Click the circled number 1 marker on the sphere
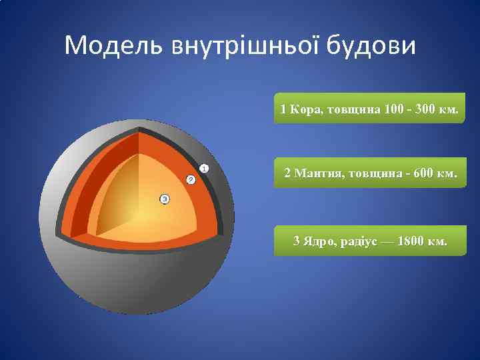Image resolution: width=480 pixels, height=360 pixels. tap(204, 169)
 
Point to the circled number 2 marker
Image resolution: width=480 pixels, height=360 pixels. tap(190, 180)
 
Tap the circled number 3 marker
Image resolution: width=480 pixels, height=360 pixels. tap(165, 199)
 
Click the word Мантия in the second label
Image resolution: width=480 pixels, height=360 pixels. tap(316, 173)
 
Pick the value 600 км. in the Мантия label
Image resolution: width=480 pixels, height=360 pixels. tap(435, 173)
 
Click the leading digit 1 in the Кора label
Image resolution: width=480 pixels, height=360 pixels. tap(283, 109)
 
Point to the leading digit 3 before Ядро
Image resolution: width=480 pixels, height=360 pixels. tap(297, 240)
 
